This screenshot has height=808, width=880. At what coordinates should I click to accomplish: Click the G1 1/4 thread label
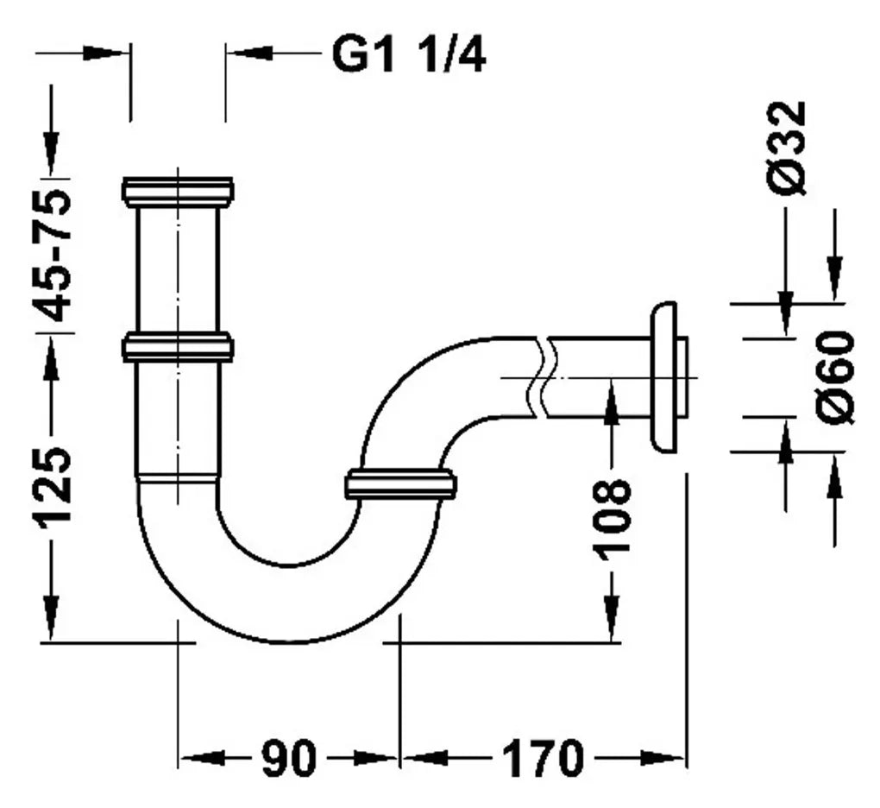(409, 54)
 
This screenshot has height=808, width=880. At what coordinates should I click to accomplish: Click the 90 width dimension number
(288, 759)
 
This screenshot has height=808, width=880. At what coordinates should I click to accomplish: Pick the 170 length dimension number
(543, 759)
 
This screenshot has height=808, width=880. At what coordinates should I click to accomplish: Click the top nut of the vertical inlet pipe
(178, 192)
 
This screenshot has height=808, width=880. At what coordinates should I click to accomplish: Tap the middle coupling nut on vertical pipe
(178, 347)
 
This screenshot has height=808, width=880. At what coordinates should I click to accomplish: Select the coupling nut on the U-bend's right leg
(400, 483)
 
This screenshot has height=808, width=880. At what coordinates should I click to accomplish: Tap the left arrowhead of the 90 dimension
(203, 758)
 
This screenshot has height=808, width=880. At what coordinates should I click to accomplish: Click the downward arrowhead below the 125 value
(51, 617)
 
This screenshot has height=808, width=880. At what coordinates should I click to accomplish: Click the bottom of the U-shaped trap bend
(287, 641)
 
